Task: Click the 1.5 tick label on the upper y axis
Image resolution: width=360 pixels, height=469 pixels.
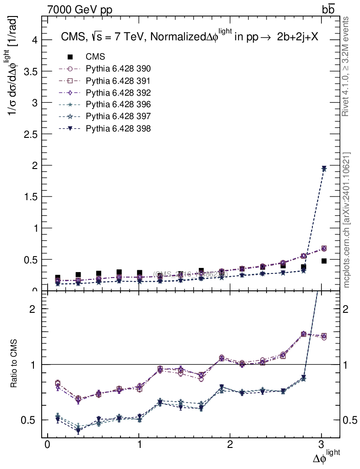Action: pyautogui.click(x=31, y=196)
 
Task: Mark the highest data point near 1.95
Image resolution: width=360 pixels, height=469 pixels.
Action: pyautogui.click(x=324, y=169)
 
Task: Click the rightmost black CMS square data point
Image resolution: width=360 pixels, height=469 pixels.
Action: pyautogui.click(x=324, y=261)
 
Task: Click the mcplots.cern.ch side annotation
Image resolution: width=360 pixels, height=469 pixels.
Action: pyautogui.click(x=347, y=220)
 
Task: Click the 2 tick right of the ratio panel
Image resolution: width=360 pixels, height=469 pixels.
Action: pyautogui.click(x=349, y=309)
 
